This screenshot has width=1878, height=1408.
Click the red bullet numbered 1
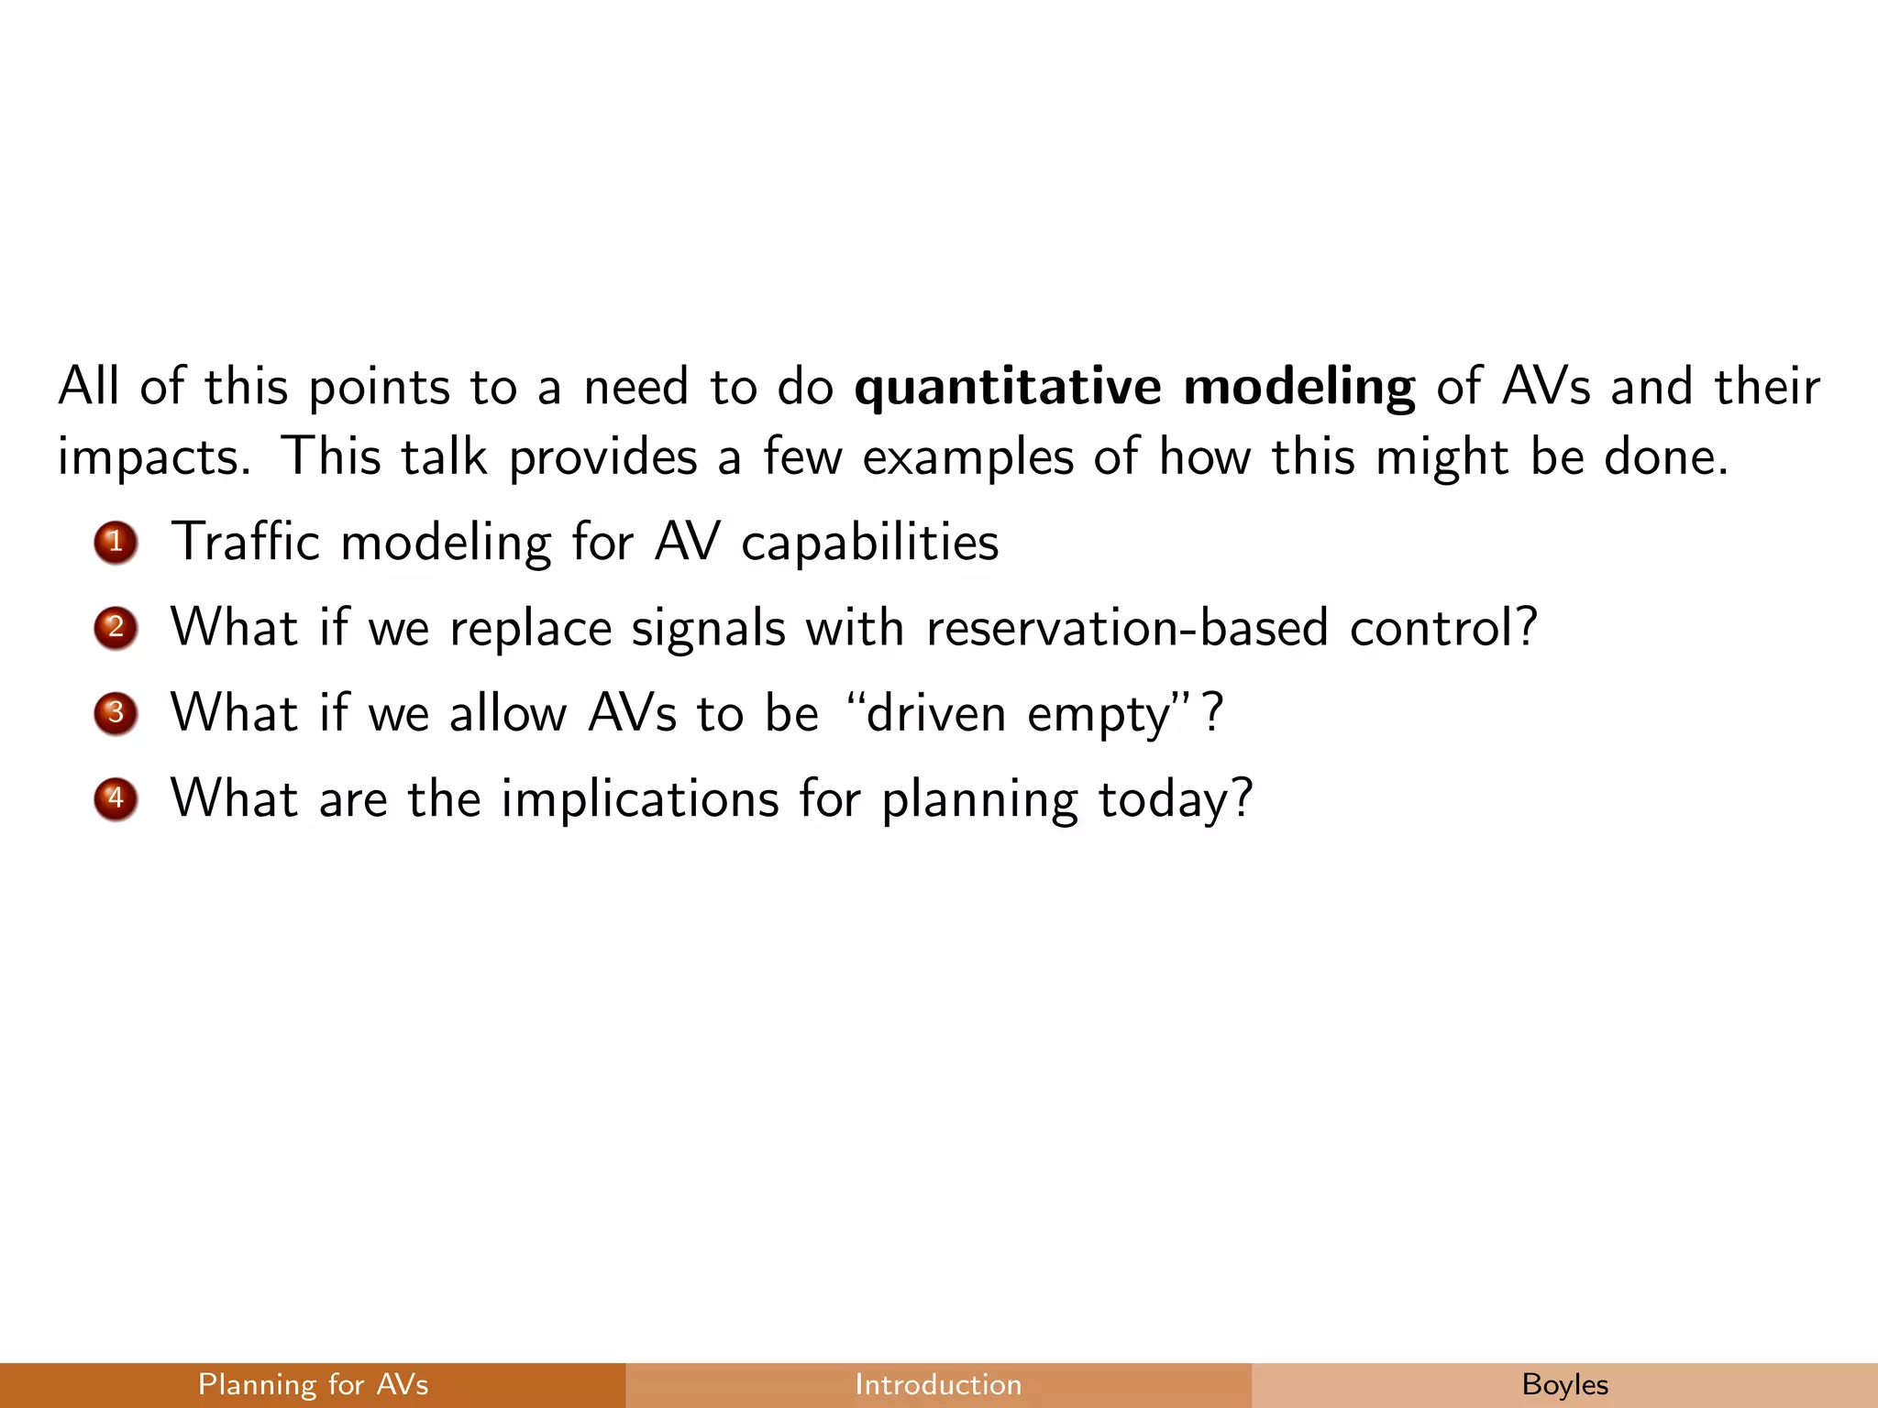116,543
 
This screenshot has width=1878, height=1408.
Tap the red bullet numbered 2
116,628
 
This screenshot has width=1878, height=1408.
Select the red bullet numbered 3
116,713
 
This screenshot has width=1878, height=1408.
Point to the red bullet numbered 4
116,798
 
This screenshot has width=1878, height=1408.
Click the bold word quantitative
1007,387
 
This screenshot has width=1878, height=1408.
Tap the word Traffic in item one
245,542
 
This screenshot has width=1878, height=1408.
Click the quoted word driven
936,714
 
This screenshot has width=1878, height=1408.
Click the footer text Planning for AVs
313,1384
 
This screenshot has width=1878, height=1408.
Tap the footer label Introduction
938,1384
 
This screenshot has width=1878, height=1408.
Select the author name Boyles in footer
1564,1384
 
